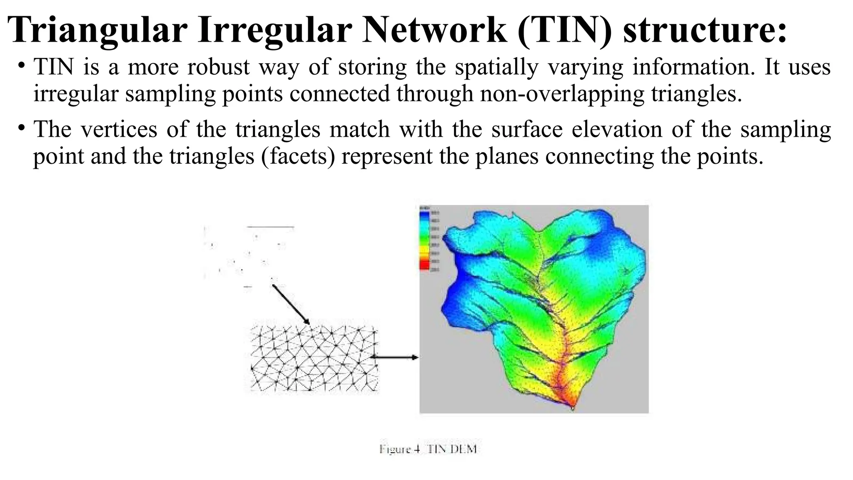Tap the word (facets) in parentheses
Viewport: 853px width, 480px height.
(298, 157)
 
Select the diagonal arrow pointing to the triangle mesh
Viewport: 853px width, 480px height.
(291, 304)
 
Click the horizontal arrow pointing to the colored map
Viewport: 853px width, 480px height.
(394, 357)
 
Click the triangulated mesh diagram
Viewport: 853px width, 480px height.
(314, 359)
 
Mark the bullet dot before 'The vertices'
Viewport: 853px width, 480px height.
(21, 128)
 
